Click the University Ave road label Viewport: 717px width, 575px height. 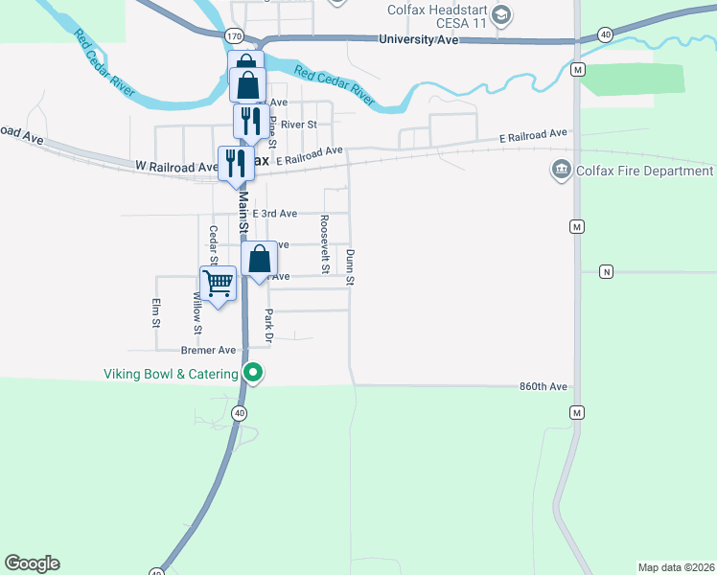[419, 40]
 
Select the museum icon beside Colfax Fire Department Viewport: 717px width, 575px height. [560, 171]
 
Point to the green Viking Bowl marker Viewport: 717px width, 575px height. [253, 373]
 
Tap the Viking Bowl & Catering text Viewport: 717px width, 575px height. [171, 373]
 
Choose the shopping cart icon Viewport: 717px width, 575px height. [219, 284]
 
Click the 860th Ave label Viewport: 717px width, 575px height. [544, 386]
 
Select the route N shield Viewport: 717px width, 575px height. [606, 271]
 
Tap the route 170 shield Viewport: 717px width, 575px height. [234, 35]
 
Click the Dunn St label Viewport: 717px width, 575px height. [351, 267]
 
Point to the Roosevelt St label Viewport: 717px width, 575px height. [326, 243]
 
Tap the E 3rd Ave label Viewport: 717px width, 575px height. [275, 214]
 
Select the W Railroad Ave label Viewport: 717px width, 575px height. [177, 167]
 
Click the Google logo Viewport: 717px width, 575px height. [33, 563]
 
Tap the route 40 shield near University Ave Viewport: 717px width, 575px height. [605, 34]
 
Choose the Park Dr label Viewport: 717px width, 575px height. [269, 326]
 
